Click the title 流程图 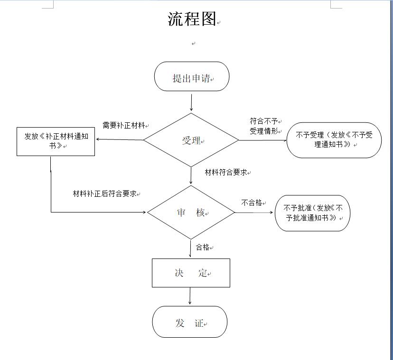192,19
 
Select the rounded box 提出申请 192,78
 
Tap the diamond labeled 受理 191,140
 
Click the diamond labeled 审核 191,213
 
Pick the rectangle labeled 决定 191,273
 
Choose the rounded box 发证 189,323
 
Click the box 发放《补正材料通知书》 56,141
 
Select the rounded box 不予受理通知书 334,140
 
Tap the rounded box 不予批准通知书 312,213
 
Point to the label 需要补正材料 124,126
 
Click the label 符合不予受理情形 264,126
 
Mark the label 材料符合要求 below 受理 226,172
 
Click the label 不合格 252,203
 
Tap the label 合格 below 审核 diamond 203,247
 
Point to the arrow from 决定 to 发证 190,296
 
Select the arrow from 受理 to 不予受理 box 262,140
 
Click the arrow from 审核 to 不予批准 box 255,212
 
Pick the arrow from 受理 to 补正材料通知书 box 120,139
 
